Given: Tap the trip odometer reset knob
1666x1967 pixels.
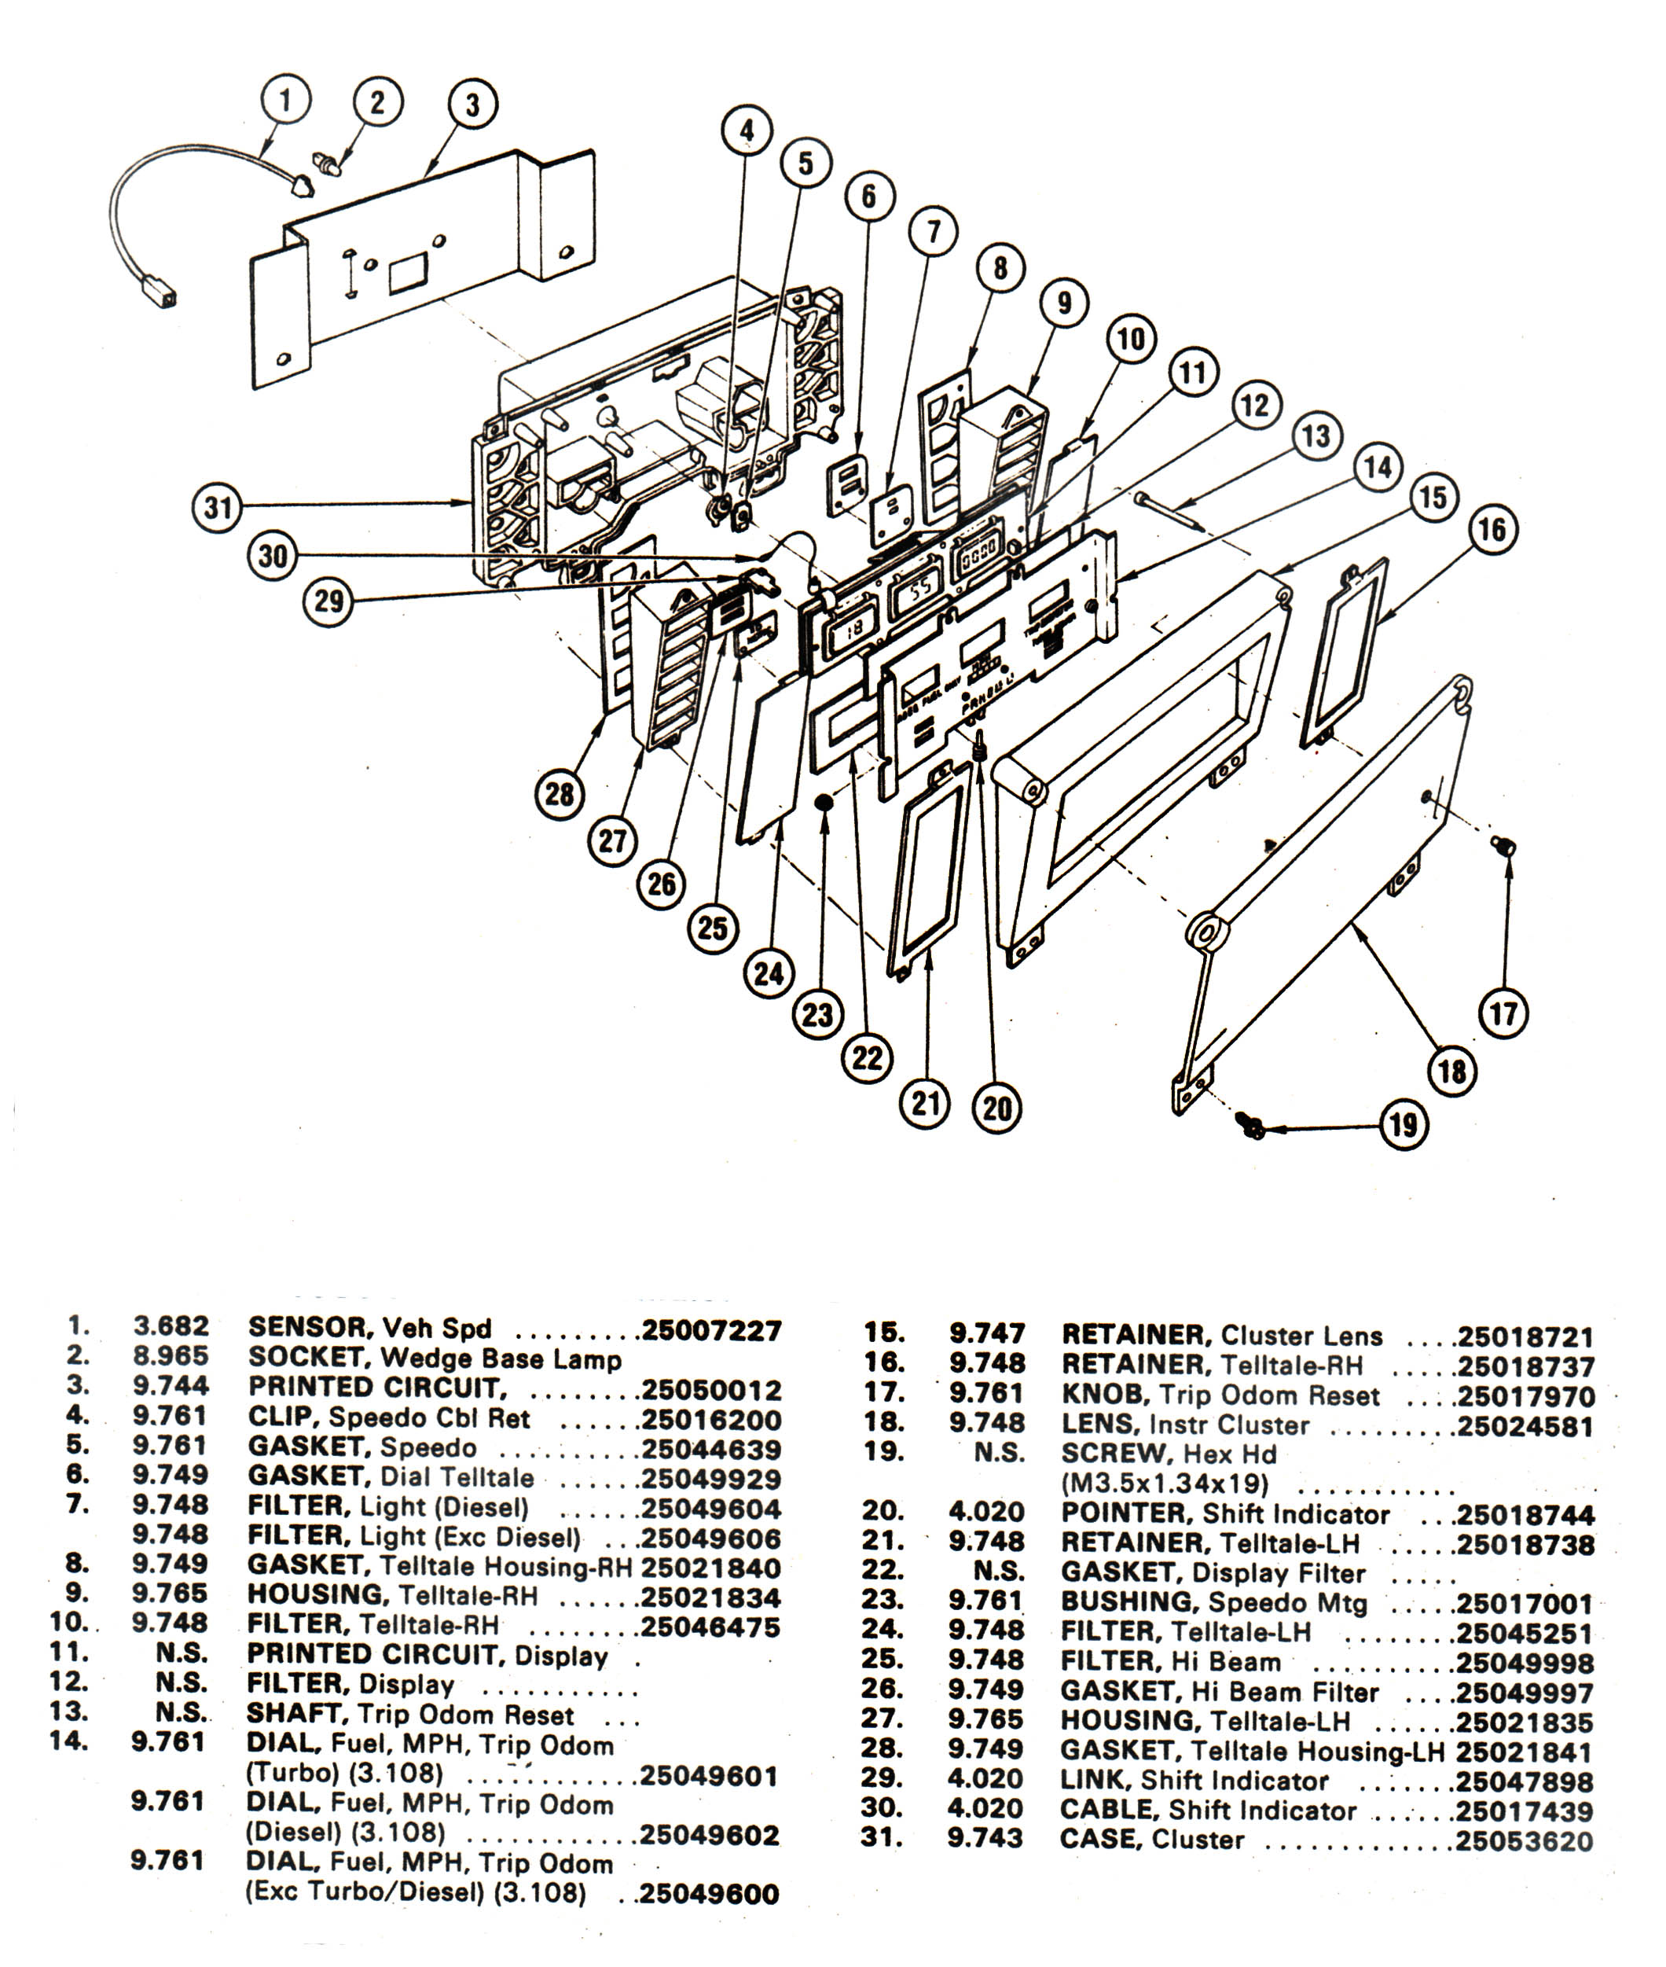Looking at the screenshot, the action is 1503,844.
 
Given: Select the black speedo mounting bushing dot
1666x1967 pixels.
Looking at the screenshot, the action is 824,801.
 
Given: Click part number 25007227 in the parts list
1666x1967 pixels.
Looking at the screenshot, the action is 712,1331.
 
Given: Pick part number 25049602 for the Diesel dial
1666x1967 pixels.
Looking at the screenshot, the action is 710,1835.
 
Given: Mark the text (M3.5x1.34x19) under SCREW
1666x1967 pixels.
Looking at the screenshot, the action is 1165,1484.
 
